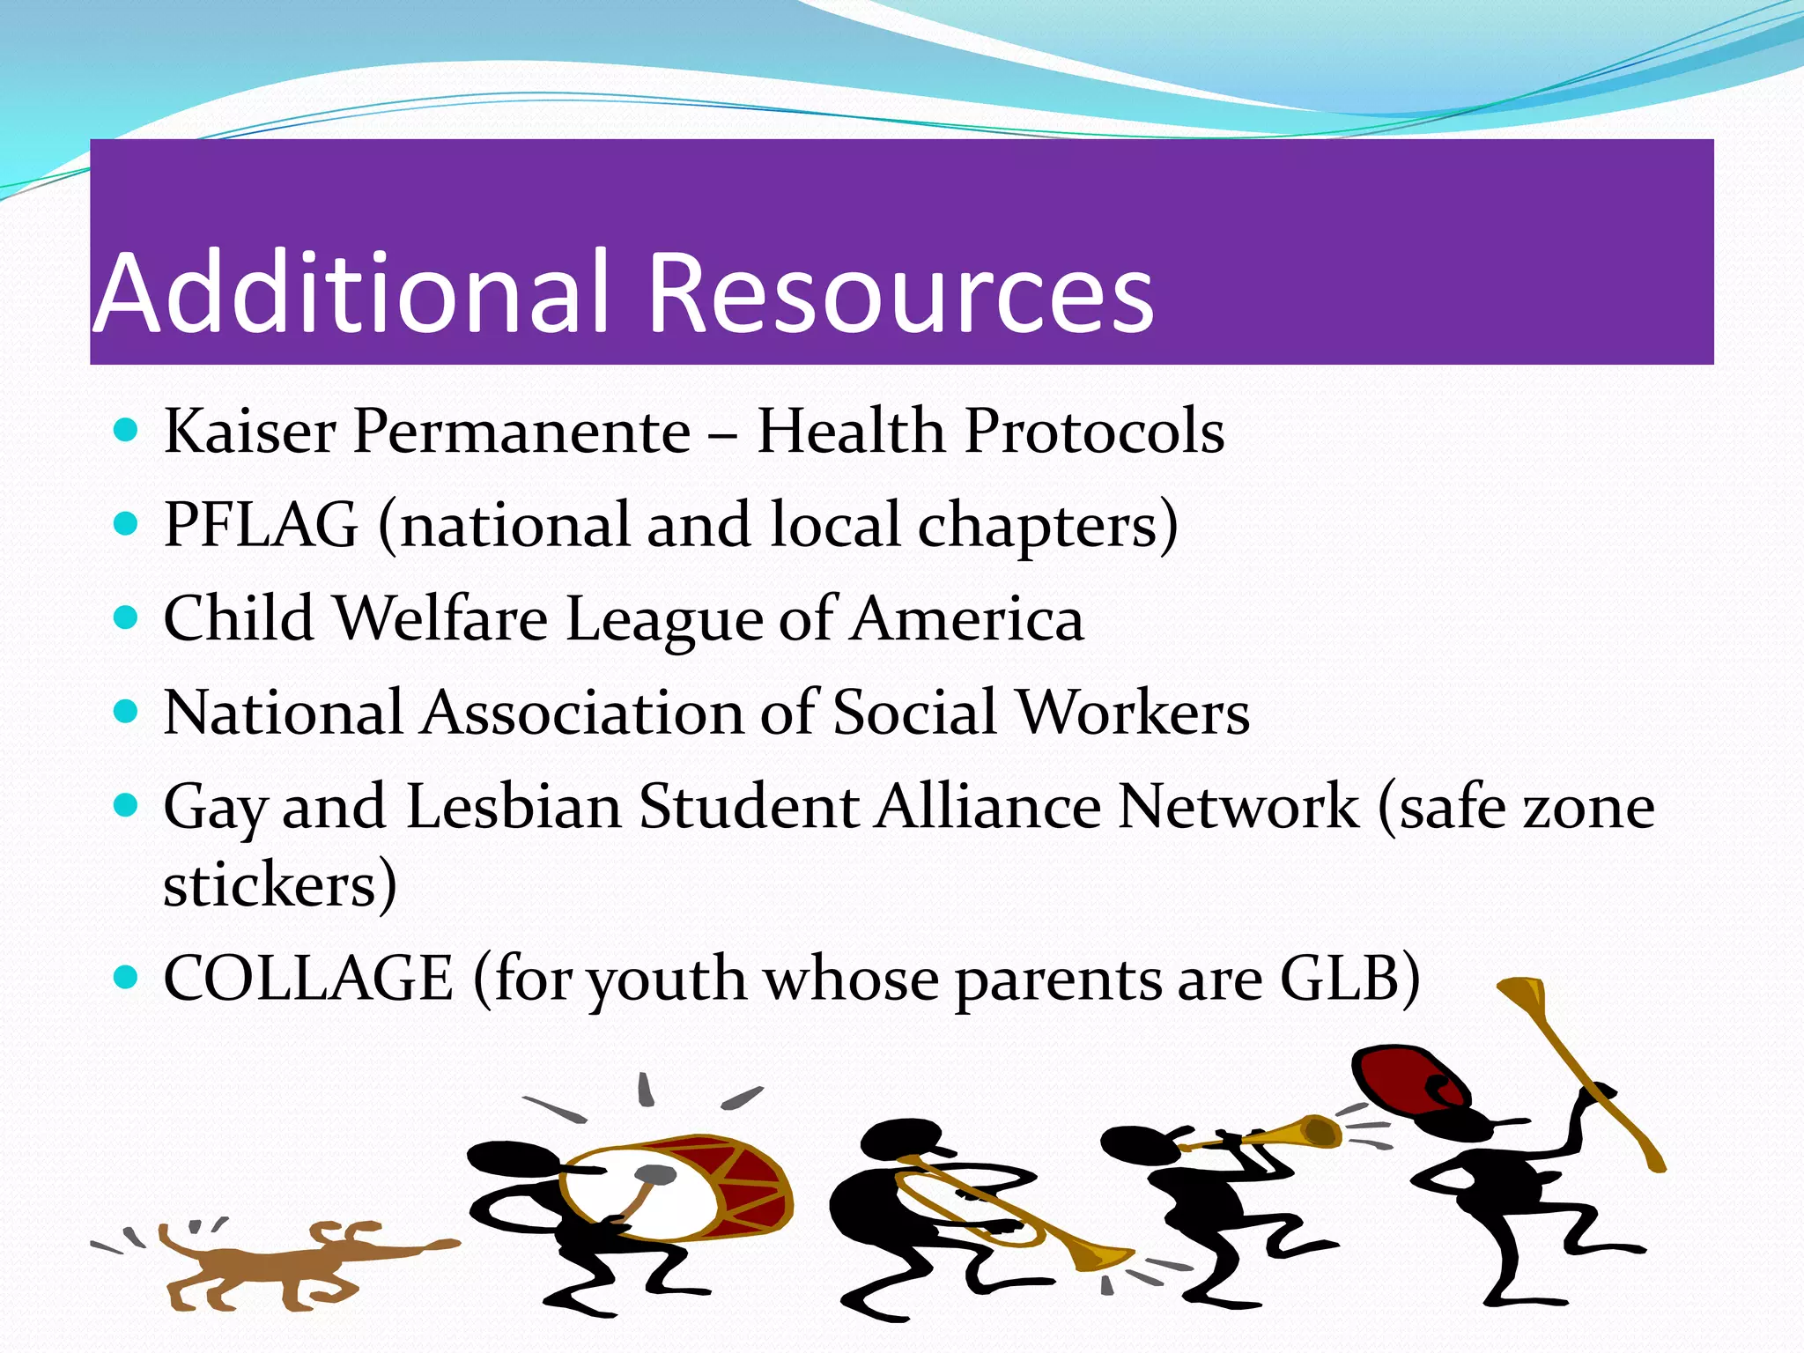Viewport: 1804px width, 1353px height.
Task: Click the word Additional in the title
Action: coord(352,293)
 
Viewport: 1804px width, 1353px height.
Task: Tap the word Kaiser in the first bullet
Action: coord(250,432)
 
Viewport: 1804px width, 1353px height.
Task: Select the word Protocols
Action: coord(1095,432)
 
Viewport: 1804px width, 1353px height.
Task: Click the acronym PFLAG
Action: coord(262,526)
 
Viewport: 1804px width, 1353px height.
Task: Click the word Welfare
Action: coord(442,618)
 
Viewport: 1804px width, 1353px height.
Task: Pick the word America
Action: coord(966,618)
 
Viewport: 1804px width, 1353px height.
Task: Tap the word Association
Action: coord(582,713)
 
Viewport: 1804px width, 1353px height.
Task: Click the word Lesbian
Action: coord(514,807)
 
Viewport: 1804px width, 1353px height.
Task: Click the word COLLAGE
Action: coord(308,979)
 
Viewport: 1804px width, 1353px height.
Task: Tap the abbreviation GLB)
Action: coord(1349,979)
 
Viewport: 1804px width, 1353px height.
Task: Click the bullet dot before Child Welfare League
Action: coord(127,617)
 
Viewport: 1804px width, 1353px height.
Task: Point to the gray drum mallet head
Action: coord(656,1174)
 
